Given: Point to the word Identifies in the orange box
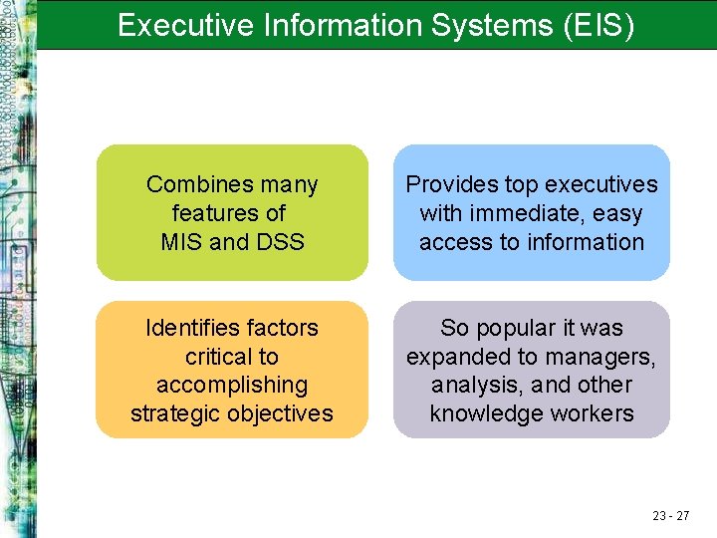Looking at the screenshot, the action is (189, 328).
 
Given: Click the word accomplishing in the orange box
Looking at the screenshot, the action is (232, 385).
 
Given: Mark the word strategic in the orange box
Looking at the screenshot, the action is (174, 413).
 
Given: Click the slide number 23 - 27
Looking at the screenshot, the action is (671, 515).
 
